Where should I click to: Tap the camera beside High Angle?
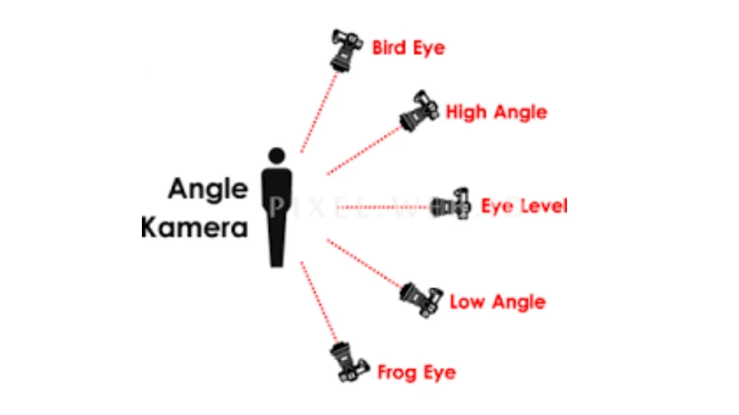pyautogui.click(x=419, y=110)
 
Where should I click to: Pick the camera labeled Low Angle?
pyautogui.click(x=421, y=298)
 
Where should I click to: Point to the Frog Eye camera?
pyautogui.click(x=349, y=363)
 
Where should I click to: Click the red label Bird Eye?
pyautogui.click(x=408, y=48)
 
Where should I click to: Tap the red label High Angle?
pyautogui.click(x=496, y=112)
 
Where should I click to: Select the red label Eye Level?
pyautogui.click(x=523, y=206)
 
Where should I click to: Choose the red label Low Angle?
pyautogui.click(x=497, y=302)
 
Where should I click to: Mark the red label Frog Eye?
pyautogui.click(x=417, y=371)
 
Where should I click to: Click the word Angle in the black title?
pyautogui.click(x=207, y=189)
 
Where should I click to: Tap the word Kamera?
pyautogui.click(x=195, y=228)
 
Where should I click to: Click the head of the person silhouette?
pyautogui.click(x=277, y=154)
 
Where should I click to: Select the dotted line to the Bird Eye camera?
pyautogui.click(x=318, y=112)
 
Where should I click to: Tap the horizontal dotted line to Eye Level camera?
pyautogui.click(x=383, y=207)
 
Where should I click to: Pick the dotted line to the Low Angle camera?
pyautogui.click(x=364, y=263)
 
